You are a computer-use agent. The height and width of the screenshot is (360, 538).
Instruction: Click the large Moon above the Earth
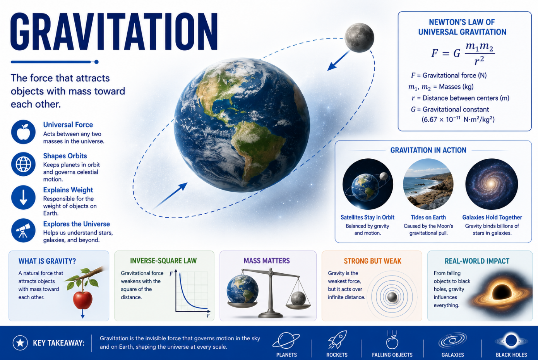(359, 38)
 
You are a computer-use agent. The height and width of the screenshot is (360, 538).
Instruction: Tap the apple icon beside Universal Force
(23, 132)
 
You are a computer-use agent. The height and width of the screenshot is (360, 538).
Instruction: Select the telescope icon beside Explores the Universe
(23, 230)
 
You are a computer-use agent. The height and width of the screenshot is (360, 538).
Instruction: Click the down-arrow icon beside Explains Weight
(23, 197)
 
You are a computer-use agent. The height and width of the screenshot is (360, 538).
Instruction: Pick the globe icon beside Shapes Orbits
(23, 164)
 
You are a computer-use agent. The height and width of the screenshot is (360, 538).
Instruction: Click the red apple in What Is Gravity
(82, 300)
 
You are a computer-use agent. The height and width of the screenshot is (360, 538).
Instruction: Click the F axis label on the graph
(171, 274)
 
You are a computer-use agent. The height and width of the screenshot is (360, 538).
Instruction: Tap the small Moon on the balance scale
(298, 298)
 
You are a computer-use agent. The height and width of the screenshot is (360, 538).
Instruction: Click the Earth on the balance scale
(242, 290)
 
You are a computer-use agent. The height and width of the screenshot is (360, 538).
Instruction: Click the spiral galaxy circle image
(492, 184)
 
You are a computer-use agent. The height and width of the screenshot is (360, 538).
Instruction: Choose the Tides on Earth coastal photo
(428, 184)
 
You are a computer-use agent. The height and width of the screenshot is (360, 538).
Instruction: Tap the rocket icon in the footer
(338, 339)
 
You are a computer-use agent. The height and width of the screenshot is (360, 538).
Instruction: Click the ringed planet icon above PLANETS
(286, 341)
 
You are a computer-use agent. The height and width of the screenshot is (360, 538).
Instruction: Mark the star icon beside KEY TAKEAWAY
(20, 343)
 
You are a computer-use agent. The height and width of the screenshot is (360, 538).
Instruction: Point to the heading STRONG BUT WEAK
(372, 261)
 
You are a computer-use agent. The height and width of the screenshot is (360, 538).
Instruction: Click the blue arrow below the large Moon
(339, 60)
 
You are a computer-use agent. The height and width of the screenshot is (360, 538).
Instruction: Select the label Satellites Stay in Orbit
(367, 217)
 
